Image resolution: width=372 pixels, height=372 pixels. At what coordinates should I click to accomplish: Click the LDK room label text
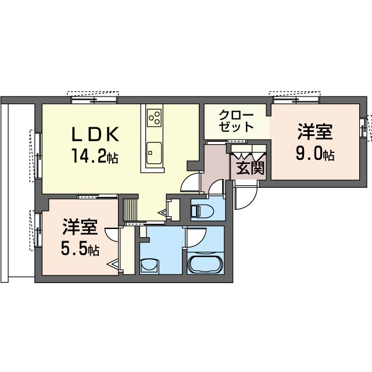[x=95, y=134]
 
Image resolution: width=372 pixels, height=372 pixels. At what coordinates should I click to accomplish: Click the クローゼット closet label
[x=236, y=121]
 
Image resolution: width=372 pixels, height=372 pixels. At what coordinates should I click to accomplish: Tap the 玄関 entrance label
[x=251, y=168]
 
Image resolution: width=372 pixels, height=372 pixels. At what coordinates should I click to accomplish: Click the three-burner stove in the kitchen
[x=154, y=117]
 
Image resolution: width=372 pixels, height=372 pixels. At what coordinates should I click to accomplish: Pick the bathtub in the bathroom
[x=205, y=264]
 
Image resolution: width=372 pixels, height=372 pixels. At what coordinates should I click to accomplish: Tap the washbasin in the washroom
[x=149, y=265]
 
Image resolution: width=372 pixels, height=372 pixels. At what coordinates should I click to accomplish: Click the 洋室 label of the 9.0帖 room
[x=315, y=132]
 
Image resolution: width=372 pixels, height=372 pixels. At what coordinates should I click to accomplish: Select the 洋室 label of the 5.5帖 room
[x=80, y=227]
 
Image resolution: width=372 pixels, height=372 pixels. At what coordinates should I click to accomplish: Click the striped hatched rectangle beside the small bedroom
[x=130, y=210]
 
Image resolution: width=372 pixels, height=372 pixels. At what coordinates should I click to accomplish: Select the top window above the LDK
[x=94, y=100]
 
